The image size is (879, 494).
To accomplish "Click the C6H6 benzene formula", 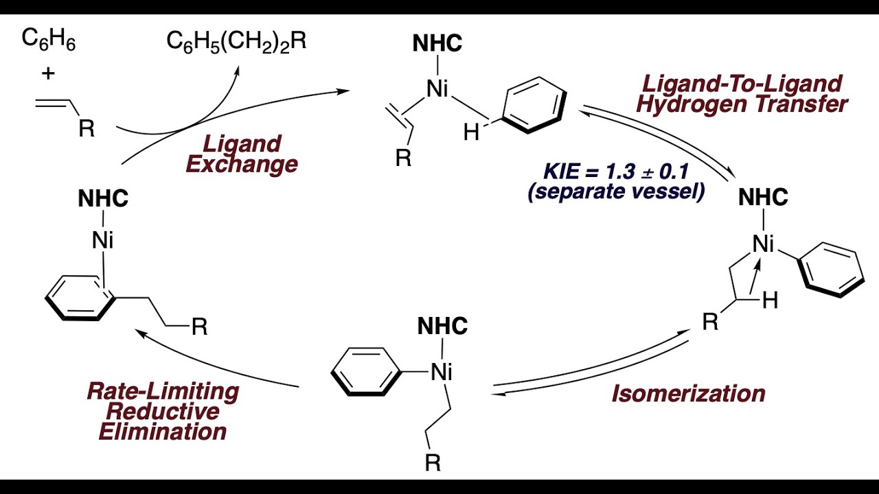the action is coord(49,40).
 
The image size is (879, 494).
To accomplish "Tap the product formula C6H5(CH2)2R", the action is coord(236,41).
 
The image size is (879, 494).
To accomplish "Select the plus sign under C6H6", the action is coord(48,73).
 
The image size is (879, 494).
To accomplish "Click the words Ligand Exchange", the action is coord(242,154).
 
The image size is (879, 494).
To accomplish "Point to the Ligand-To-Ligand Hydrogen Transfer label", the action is coord(742,94).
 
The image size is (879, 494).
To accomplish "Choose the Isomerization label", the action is coord(689,393).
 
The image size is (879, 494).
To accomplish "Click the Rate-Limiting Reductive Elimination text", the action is coord(163,412).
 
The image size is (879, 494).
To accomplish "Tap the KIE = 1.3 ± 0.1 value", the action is coord(616,172).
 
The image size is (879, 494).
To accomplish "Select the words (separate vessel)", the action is coord(616,192).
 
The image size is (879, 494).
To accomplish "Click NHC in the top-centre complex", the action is coord(437,43).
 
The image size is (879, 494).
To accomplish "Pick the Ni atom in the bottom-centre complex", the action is coord(442,372).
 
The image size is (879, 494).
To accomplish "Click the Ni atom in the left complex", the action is coord(103,240).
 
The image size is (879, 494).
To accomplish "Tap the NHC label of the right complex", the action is coord(763,197).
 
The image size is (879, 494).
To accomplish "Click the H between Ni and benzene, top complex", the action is coord(471,132).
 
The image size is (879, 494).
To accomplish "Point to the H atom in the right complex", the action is coord(770,301).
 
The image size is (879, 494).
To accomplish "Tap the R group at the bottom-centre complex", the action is coord(433,462).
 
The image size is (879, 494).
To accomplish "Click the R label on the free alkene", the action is coord(87,128).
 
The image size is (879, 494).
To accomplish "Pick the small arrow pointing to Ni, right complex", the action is coord(755,275).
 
